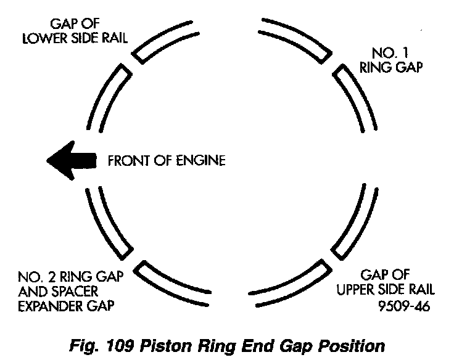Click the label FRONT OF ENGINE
(x=167, y=161)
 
